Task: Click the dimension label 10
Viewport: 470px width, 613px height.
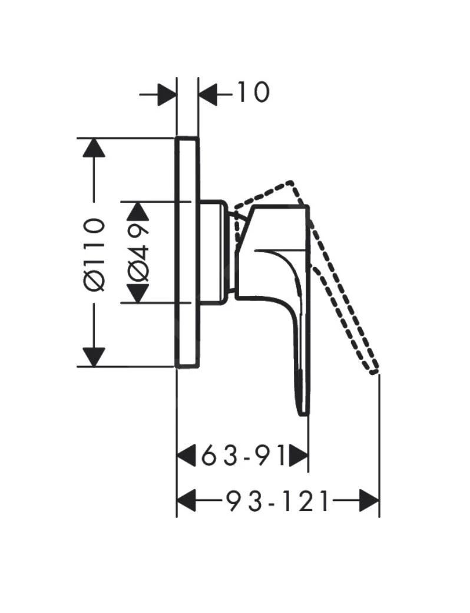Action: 253,92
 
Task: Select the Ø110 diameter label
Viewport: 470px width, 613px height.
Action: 94,253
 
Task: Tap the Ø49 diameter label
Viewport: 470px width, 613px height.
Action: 138,252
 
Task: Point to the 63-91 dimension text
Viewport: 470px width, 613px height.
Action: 243,456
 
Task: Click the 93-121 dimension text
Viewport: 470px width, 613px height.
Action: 278,502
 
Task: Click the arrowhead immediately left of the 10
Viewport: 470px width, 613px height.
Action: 208,93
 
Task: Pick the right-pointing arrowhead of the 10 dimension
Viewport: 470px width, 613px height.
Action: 167,93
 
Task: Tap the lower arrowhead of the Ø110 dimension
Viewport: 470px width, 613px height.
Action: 94,357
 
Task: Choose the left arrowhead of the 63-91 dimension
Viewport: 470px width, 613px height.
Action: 187,456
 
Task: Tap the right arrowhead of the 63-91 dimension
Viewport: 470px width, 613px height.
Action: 299,456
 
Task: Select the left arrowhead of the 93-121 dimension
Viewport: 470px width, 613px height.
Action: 187,502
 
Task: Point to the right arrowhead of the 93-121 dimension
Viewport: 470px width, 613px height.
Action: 369,502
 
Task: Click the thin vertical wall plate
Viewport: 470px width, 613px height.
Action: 187,252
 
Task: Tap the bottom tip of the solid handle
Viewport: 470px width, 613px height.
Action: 302,411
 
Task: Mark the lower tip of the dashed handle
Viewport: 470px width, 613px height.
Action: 373,370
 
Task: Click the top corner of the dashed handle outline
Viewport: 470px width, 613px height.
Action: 290,182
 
